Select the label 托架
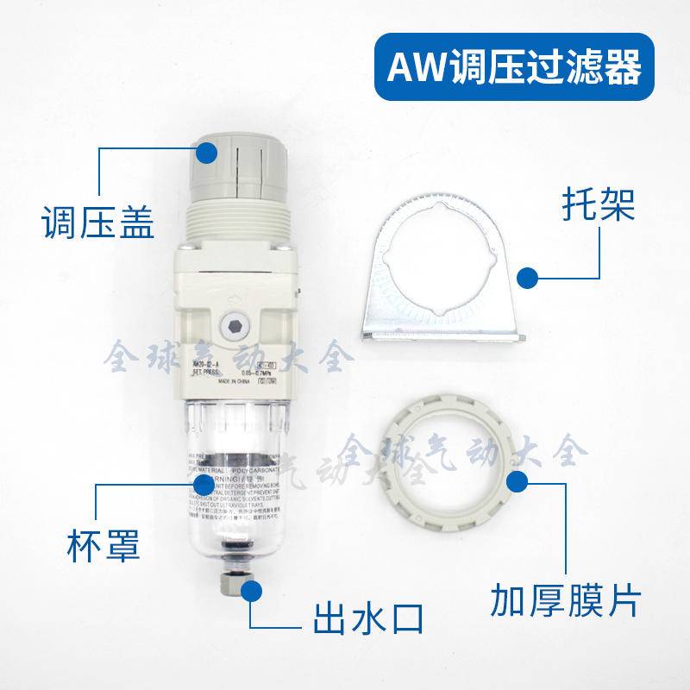tap(592, 205)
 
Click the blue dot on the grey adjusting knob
tap(207, 154)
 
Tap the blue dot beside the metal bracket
tap(526, 278)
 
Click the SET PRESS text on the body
tap(207, 373)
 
